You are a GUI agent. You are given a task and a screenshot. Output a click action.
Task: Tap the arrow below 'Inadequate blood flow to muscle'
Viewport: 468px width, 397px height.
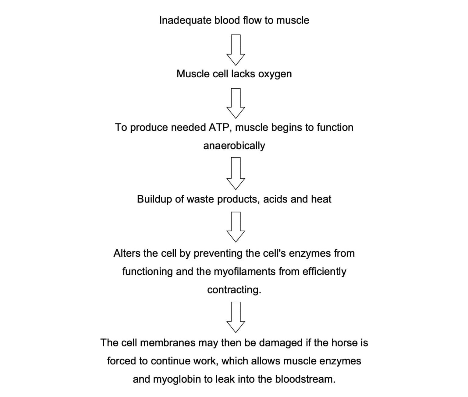pyautogui.click(x=236, y=50)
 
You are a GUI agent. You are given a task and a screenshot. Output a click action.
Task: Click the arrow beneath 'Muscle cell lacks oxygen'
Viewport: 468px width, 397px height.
pyautogui.click(x=236, y=103)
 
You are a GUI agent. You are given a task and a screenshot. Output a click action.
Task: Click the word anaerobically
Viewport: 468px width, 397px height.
pyautogui.click(x=234, y=146)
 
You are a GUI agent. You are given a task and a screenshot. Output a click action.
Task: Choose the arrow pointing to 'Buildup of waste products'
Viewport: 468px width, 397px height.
pyautogui.click(x=236, y=174)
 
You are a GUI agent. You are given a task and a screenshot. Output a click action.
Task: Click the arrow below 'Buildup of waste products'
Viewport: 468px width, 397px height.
pyautogui.click(x=236, y=227)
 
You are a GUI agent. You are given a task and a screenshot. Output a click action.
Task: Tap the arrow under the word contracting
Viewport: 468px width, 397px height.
pyautogui.click(x=236, y=317)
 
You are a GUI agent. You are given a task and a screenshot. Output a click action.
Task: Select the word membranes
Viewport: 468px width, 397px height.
pyautogui.click(x=168, y=343)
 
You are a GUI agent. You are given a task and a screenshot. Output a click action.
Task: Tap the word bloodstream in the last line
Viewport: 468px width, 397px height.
pyautogui.click(x=305, y=379)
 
